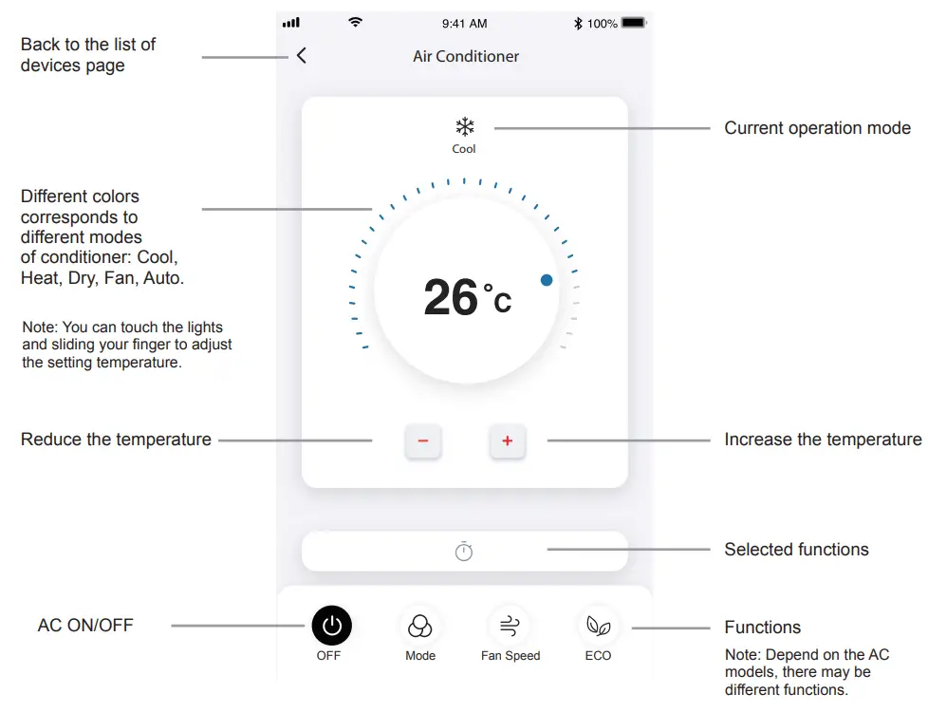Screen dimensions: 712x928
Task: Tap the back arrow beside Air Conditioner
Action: pos(302,56)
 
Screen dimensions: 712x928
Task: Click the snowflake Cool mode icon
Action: pos(464,127)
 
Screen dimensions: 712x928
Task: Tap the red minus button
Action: pos(423,441)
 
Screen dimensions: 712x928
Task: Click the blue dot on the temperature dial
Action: pos(547,280)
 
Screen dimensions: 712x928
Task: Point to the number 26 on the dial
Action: pos(451,297)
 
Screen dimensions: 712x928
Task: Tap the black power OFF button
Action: pos(331,626)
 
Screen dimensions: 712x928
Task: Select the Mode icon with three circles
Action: pos(419,627)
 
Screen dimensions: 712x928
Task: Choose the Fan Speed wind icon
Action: pos(510,626)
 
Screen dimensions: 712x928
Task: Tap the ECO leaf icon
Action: pos(598,626)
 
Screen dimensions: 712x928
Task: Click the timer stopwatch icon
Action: pos(463,551)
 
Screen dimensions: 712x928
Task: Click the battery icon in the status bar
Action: pos(633,23)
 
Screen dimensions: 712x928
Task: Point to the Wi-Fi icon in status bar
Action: pos(355,22)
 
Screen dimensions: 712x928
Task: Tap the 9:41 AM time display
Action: pos(465,23)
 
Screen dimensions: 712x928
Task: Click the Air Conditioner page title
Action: pos(466,57)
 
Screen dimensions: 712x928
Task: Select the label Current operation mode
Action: pos(817,128)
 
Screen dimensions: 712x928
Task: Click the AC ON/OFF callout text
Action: pos(85,626)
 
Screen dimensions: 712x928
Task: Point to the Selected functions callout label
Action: pos(796,550)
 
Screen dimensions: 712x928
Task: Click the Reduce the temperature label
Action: pos(116,440)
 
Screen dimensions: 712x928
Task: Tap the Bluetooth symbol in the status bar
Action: pos(578,23)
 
